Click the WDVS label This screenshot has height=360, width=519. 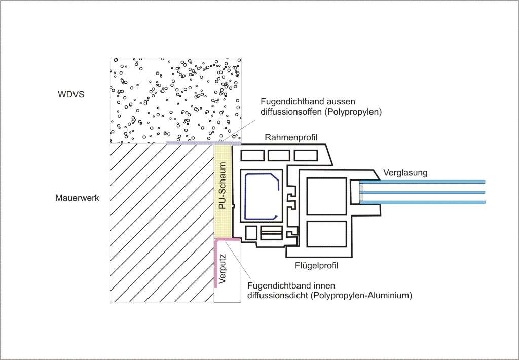[x=71, y=94]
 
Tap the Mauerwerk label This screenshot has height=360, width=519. [x=77, y=198]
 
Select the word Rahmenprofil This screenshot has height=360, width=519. [x=291, y=137]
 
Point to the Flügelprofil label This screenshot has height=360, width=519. [x=317, y=266]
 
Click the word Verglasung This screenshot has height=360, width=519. [x=405, y=172]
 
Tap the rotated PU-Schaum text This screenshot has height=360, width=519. [x=223, y=186]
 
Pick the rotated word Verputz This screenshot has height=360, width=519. [x=222, y=269]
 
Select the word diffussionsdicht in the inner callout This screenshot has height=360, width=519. [x=278, y=295]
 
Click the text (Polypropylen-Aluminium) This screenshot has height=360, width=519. [x=361, y=296]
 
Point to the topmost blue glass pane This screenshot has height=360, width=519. [x=422, y=182]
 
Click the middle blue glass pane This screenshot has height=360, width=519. [x=422, y=192]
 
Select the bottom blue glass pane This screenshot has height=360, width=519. [x=422, y=202]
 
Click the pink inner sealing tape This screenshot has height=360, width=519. [x=216, y=262]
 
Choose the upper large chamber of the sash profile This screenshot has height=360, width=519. [x=327, y=196]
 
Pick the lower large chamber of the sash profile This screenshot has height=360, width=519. [x=327, y=234]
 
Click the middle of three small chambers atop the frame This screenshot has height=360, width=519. [x=279, y=155]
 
